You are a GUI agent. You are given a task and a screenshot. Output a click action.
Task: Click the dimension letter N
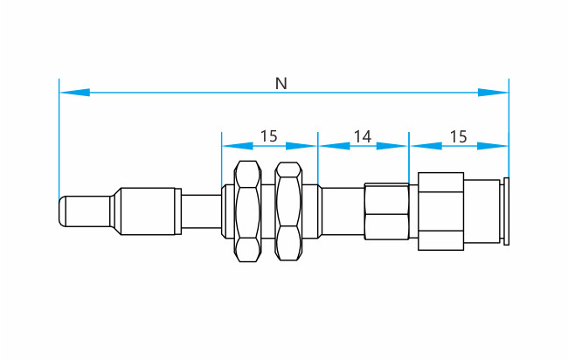click(281, 83)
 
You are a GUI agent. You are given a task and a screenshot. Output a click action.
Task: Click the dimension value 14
click(363, 136)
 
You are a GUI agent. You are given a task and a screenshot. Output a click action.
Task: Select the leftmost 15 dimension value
click(269, 136)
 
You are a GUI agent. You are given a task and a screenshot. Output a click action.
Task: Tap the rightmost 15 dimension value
click(458, 136)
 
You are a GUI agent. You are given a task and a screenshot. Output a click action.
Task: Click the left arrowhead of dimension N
click(74, 93)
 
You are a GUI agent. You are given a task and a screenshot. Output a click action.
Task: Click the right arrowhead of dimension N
click(493, 93)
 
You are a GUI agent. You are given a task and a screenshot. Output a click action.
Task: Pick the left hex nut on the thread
click(248, 211)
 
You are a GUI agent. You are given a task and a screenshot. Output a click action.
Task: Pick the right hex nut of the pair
click(288, 211)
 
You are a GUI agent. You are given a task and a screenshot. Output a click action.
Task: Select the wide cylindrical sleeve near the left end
click(148, 211)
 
